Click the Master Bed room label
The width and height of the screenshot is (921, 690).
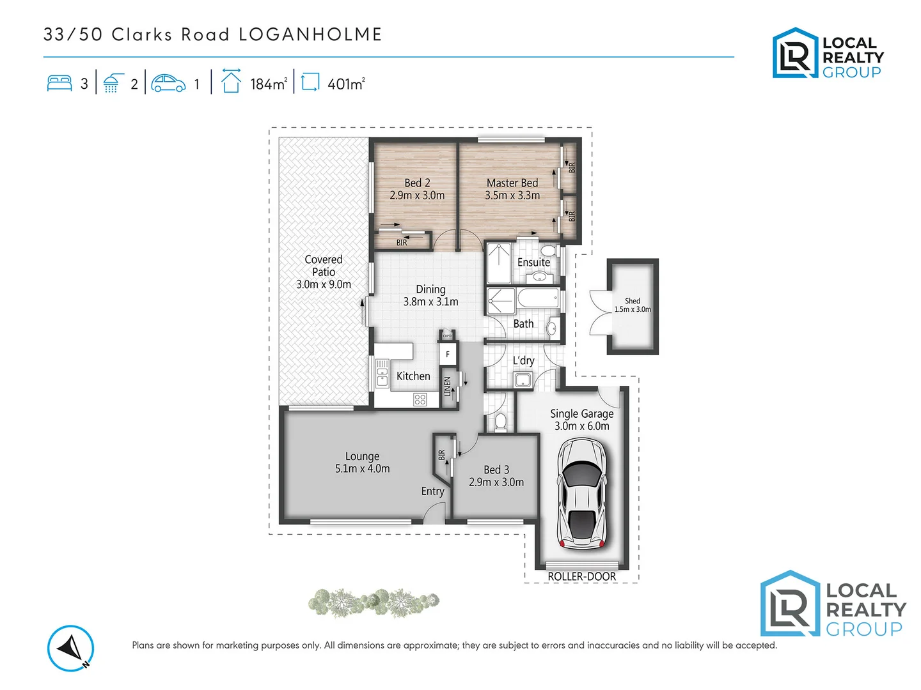tap(512, 183)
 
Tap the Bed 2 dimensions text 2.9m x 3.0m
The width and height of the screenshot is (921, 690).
tap(417, 195)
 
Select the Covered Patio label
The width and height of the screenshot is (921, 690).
tap(324, 265)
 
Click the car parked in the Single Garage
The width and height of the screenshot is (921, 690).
tap(581, 494)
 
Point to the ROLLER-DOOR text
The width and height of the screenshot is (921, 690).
tap(581, 576)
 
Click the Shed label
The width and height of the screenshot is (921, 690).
tap(633, 301)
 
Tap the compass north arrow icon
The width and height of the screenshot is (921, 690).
tap(70, 648)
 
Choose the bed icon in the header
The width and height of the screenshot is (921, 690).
tap(59, 84)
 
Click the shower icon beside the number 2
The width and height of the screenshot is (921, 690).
tap(113, 84)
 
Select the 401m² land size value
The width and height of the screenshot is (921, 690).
tap(345, 84)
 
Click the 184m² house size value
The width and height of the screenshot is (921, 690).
tap(268, 84)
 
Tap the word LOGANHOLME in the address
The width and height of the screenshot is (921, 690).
tap(310, 34)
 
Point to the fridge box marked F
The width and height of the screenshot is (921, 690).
tap(448, 354)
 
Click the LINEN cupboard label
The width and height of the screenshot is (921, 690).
tap(447, 387)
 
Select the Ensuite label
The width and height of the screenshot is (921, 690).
tap(533, 263)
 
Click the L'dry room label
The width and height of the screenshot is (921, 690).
tap(523, 361)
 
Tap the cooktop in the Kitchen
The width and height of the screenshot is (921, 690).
tap(420, 399)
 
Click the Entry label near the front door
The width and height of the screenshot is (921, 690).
tap(432, 491)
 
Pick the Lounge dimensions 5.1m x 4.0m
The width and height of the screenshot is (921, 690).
tap(362, 469)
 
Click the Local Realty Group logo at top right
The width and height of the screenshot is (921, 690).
tap(828, 54)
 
